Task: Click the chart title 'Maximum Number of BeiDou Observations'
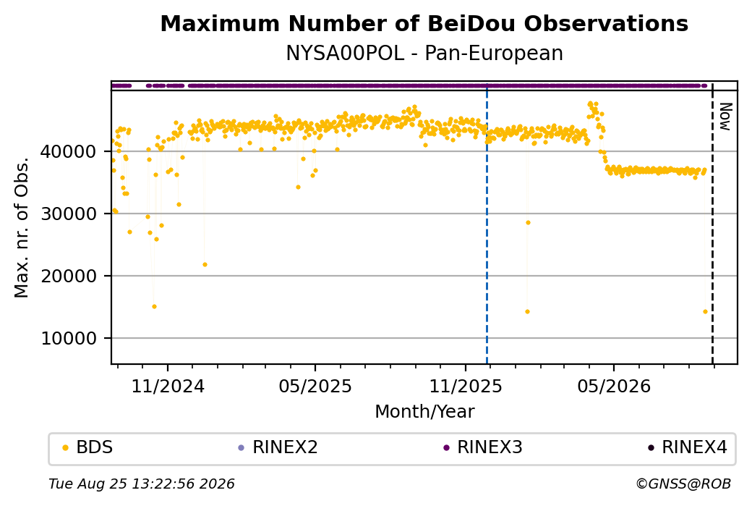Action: point(424,23)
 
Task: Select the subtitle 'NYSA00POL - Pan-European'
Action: point(424,54)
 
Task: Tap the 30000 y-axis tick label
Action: point(69,214)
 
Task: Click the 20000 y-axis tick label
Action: point(69,276)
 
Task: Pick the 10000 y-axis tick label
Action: point(69,339)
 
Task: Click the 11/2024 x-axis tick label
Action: point(168,386)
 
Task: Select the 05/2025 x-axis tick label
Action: point(315,386)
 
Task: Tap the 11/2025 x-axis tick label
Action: point(465,386)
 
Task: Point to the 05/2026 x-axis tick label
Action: point(614,386)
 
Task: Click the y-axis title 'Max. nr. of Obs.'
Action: point(21,227)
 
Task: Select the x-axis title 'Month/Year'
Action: point(424,411)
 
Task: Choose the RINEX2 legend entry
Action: point(278,447)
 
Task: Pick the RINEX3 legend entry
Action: point(482,447)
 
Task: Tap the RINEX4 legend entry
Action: point(687,447)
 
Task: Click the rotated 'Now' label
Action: point(725,117)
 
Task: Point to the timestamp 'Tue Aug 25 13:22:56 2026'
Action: point(142,484)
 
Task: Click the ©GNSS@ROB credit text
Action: point(683,484)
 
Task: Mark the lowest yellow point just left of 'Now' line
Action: point(705,311)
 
